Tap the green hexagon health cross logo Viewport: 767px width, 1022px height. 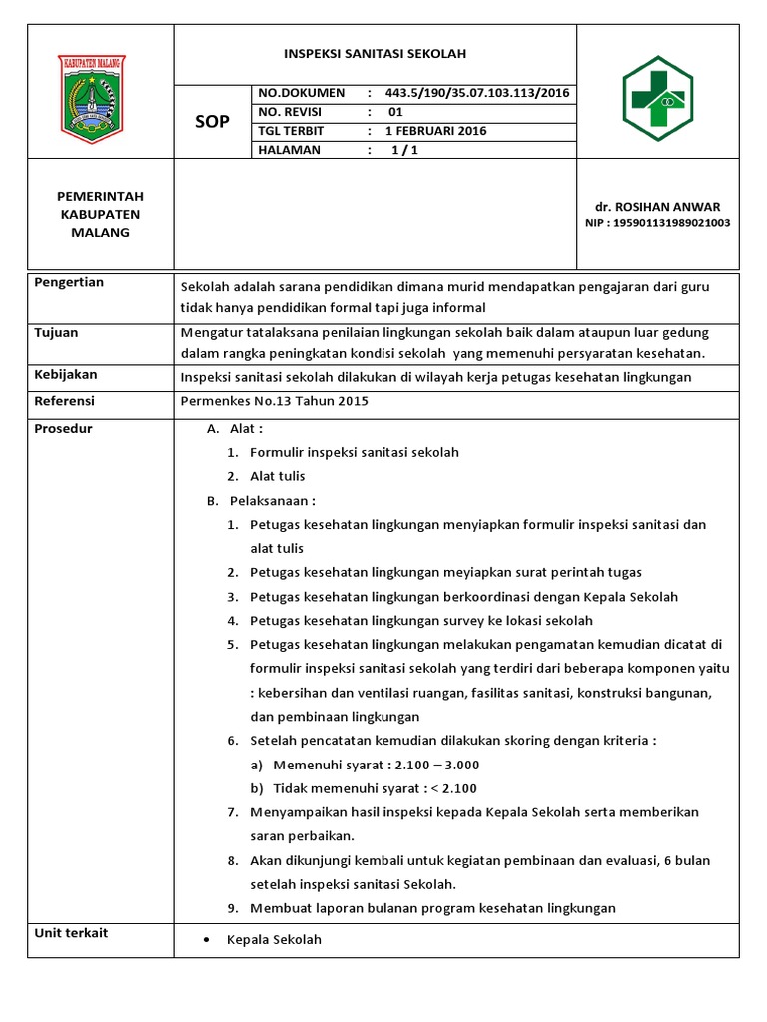tap(657, 92)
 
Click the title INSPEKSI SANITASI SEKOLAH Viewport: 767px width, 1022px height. tap(376, 54)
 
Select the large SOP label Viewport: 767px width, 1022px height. tap(212, 122)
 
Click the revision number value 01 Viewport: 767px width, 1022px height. tap(395, 112)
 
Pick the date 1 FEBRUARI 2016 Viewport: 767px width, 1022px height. tap(436, 131)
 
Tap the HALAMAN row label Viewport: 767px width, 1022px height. tap(289, 150)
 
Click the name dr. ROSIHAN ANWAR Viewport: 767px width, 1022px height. tap(657, 207)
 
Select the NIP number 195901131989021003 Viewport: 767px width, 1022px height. tap(657, 223)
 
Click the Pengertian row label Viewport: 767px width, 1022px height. tap(70, 283)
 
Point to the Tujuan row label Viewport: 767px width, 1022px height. tap(57, 333)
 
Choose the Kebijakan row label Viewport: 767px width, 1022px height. tap(66, 375)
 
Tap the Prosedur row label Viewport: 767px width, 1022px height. tap(64, 429)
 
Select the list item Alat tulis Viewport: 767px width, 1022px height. tap(277, 476)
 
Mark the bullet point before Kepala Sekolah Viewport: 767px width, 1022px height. tap(205, 941)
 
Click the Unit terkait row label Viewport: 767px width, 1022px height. tap(71, 933)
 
